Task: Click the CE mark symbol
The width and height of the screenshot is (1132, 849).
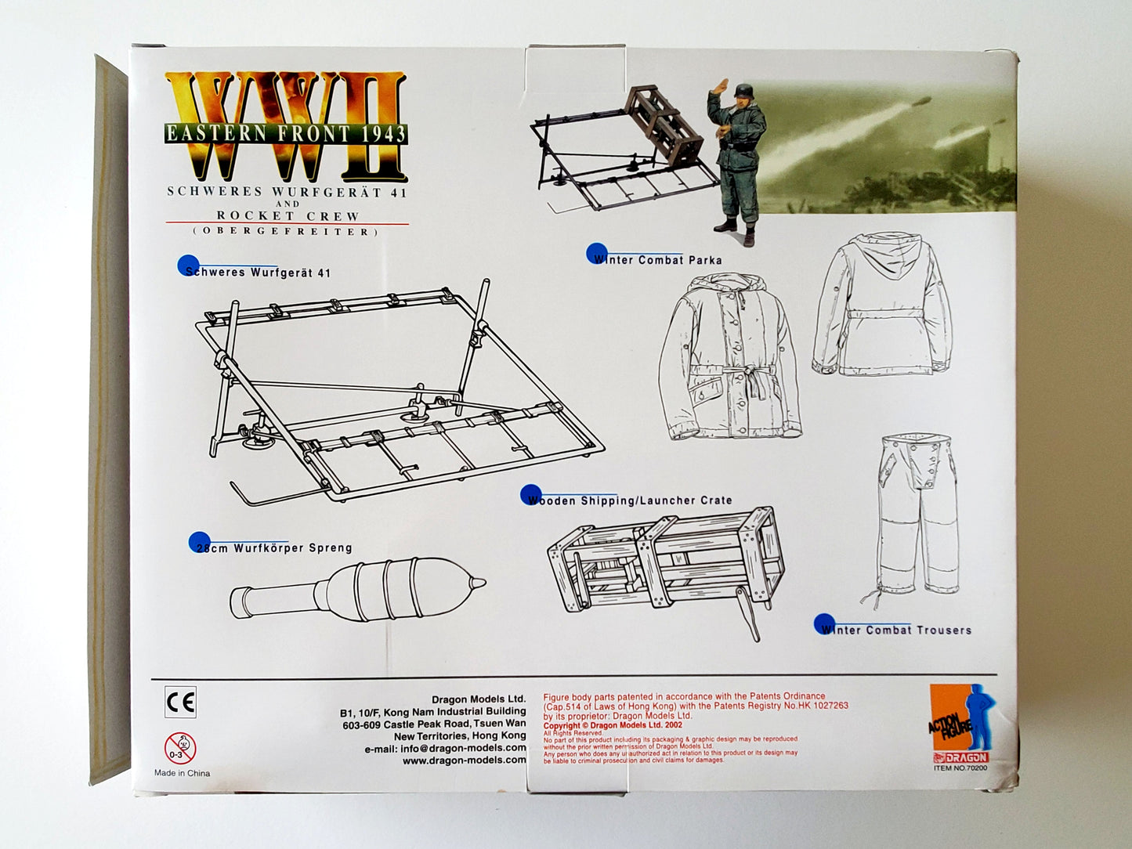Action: coord(180,702)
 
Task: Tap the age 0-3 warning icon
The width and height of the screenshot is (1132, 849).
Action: coord(180,749)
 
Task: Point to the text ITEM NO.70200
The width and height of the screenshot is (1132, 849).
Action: coord(960,768)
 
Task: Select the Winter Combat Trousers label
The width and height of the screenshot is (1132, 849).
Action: coord(896,630)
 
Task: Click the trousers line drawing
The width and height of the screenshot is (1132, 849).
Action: coord(916,517)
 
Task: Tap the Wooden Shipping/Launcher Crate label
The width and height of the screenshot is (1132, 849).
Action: coord(629,500)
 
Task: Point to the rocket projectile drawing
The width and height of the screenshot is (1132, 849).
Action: coord(357,591)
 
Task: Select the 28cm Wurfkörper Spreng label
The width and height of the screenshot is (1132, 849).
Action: coord(273,547)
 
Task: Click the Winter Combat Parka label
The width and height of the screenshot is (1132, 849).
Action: coord(657,259)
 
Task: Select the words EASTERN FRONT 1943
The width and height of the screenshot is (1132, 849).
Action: coord(286,133)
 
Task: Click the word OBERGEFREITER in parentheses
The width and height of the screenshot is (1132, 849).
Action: coord(287,231)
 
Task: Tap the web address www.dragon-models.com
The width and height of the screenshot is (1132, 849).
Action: coord(464,760)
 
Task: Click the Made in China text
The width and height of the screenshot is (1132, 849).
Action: coord(182,773)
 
